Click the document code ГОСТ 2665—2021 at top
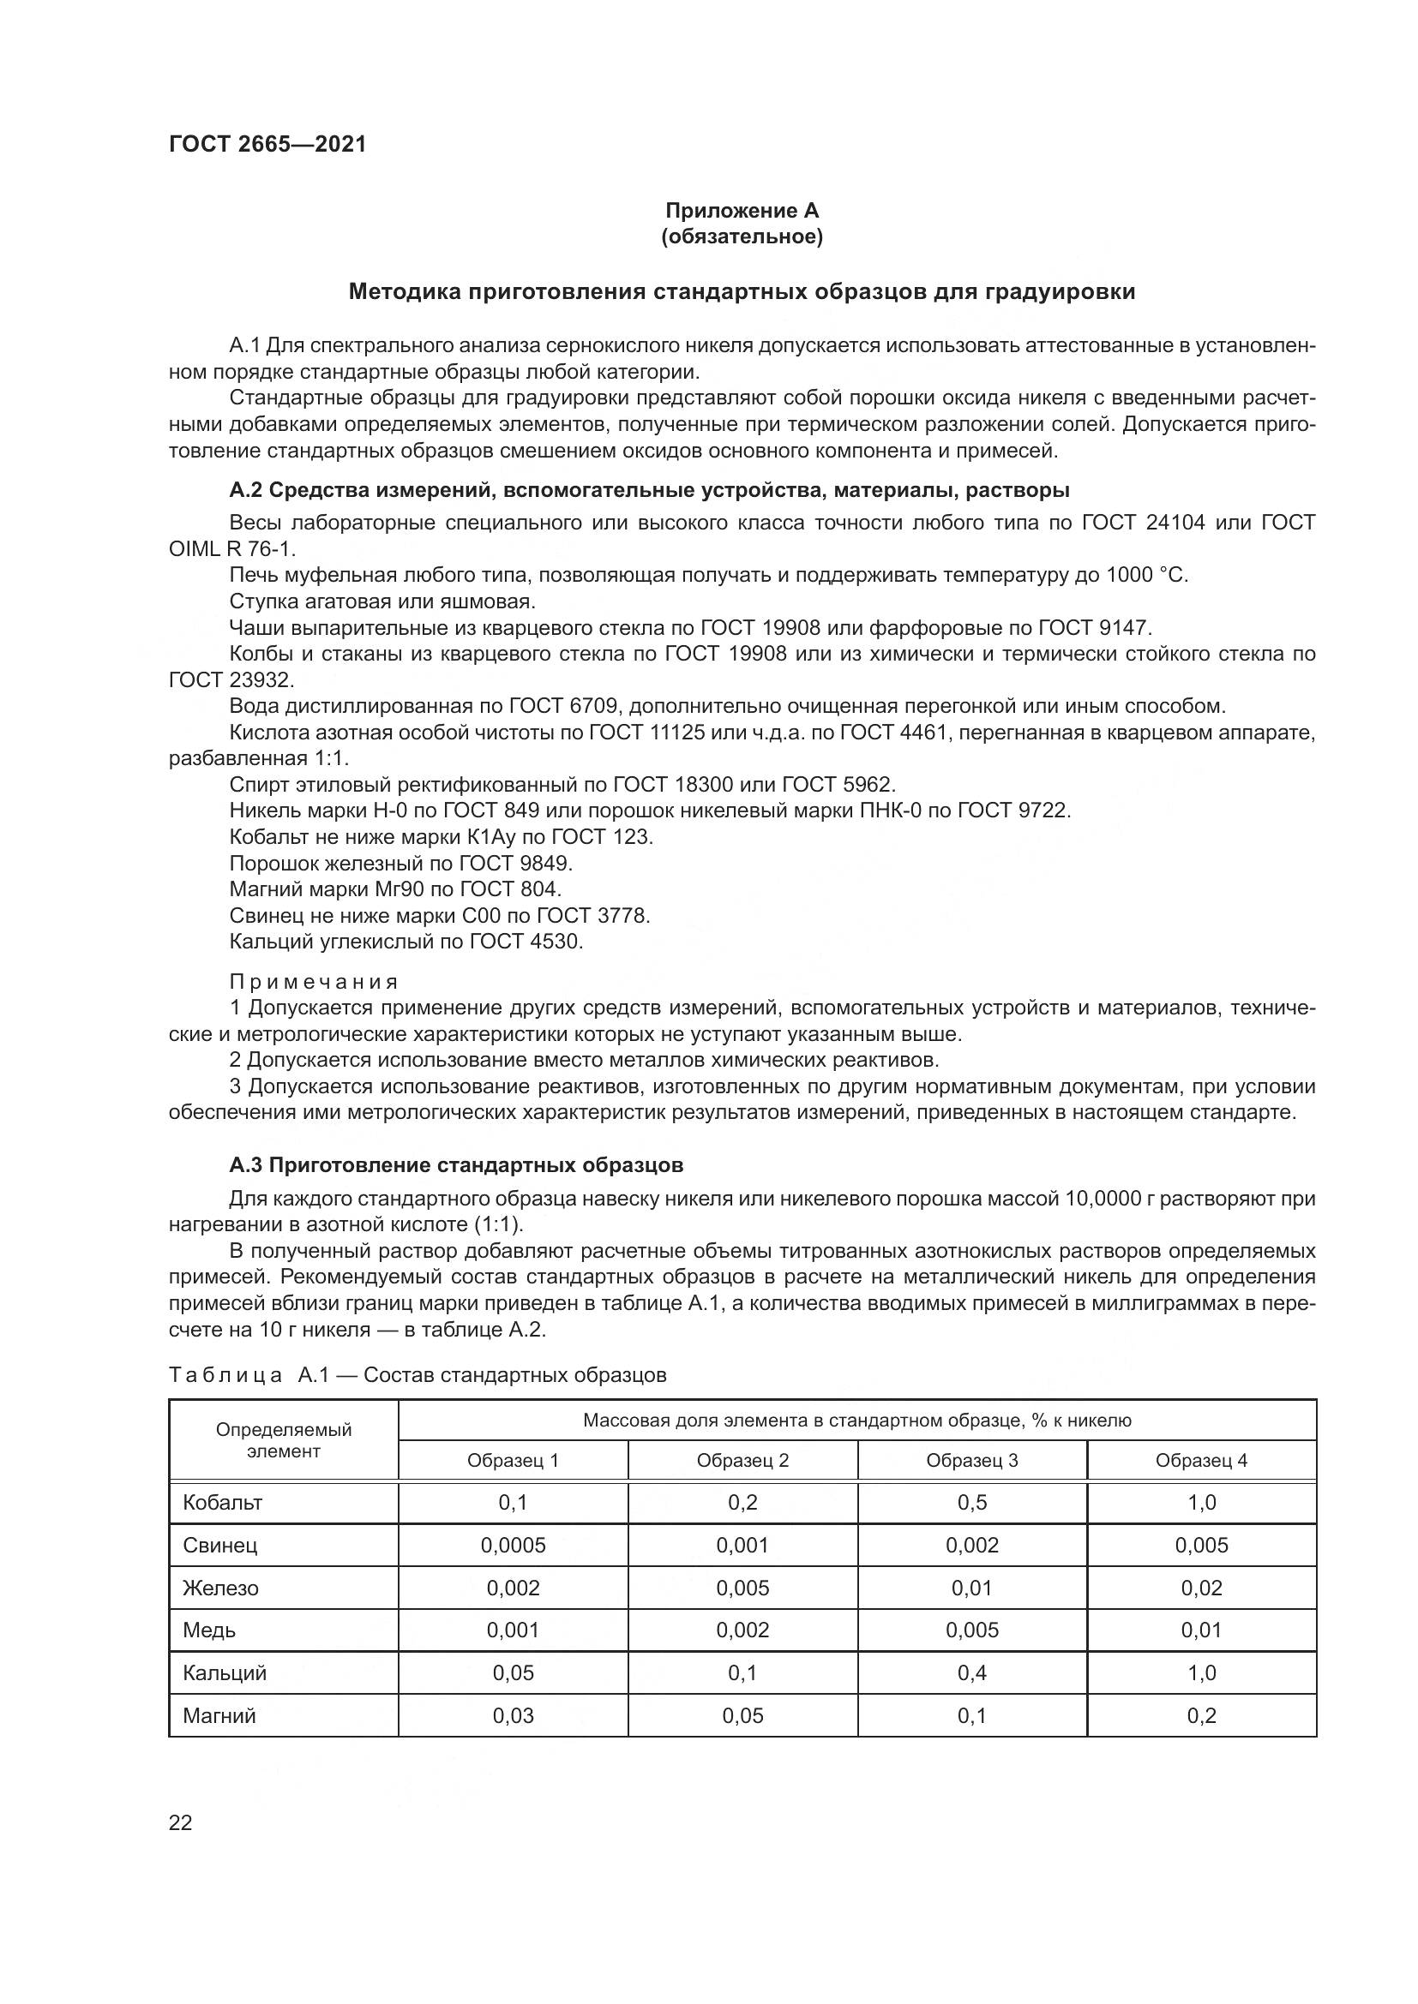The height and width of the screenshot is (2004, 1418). point(267,145)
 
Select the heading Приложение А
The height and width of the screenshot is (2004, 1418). point(742,211)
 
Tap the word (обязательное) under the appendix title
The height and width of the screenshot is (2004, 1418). point(742,236)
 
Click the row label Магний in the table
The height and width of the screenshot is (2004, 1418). point(219,1715)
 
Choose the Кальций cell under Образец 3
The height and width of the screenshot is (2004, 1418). point(972,1672)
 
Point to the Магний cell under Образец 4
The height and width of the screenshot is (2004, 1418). point(1201,1715)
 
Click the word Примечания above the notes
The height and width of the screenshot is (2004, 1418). point(315,982)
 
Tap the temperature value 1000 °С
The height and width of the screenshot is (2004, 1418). point(1145,575)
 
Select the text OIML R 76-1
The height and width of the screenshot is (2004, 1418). point(232,549)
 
